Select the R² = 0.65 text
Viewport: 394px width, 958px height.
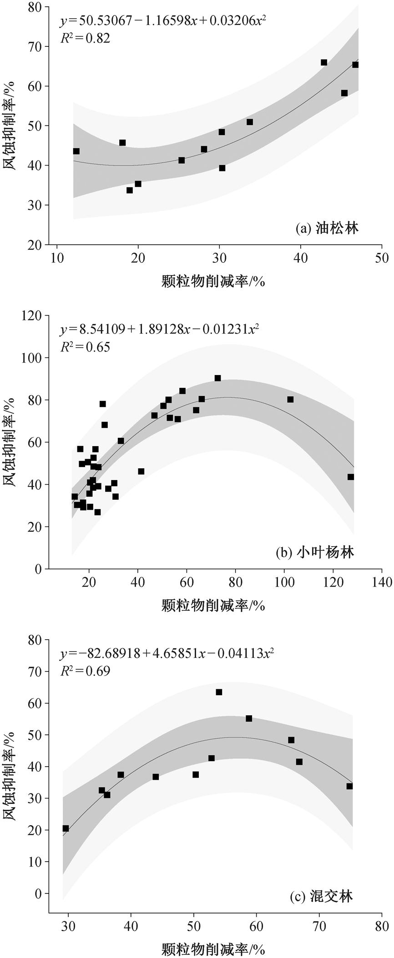point(85,347)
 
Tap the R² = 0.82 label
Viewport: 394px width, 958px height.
point(85,38)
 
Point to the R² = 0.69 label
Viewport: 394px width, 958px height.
point(85,671)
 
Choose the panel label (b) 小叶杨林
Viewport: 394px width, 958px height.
point(314,552)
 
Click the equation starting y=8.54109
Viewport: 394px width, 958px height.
point(160,329)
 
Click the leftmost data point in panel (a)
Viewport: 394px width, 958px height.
point(76,151)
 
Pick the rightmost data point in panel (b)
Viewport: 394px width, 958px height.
point(350,477)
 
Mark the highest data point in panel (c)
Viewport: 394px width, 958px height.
point(219,692)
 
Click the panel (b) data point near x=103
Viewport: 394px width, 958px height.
point(290,400)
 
